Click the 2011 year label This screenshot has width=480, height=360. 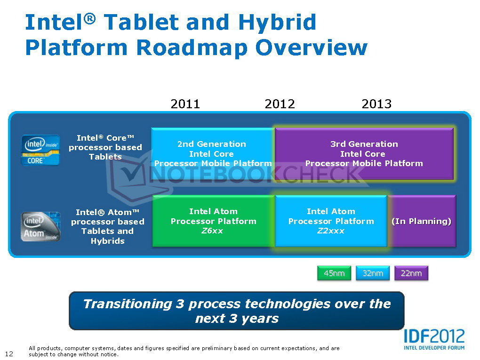[x=185, y=104]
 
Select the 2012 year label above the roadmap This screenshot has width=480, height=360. [x=280, y=104]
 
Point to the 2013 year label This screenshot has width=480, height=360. [x=376, y=104]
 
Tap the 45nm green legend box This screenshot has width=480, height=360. [x=334, y=273]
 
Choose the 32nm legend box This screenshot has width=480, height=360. [x=373, y=273]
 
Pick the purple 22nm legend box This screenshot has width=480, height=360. [x=411, y=273]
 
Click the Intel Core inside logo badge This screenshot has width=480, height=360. [x=40, y=150]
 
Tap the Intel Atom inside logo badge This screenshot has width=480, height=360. [x=40, y=226]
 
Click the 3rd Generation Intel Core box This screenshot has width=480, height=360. [x=364, y=153]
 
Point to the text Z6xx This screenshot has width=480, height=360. [x=212, y=231]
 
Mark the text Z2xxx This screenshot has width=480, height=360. [x=331, y=231]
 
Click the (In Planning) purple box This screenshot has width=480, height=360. [x=422, y=221]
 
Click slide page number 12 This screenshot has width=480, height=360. [x=9, y=354]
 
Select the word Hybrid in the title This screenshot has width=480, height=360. [x=277, y=22]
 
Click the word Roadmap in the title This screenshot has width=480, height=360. [x=192, y=48]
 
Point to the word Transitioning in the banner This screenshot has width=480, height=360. [x=128, y=304]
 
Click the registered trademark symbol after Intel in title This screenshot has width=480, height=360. [x=89, y=19]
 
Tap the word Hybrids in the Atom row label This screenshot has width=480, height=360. [x=108, y=241]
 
